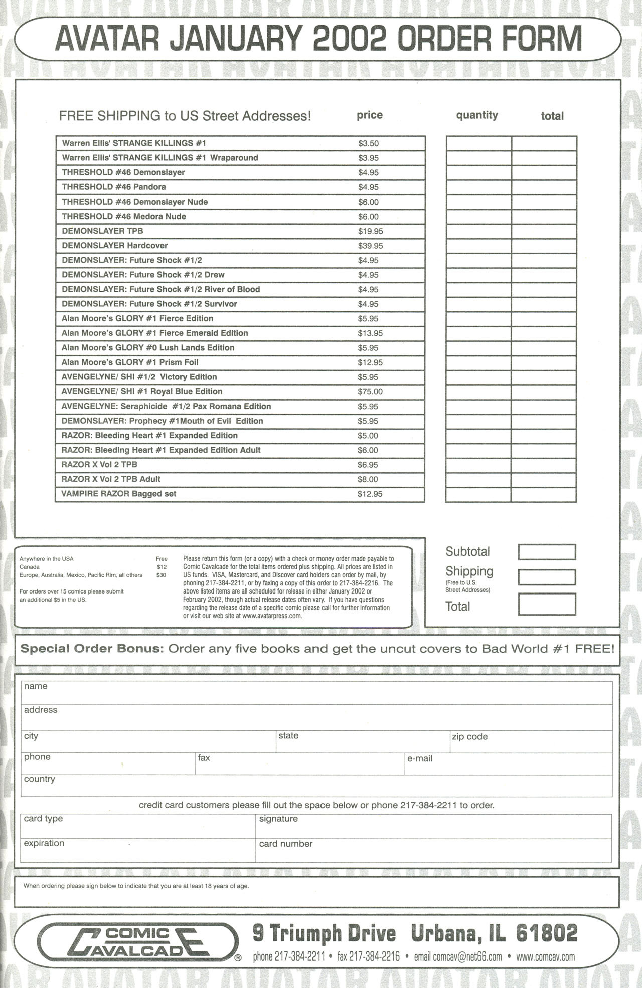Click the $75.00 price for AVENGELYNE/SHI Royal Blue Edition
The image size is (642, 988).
[x=370, y=392]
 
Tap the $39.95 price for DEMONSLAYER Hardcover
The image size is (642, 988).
[x=370, y=246]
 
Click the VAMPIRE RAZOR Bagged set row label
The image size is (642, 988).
[x=119, y=494]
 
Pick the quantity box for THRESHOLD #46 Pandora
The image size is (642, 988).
[x=478, y=187]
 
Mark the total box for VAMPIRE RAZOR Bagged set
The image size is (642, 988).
[x=544, y=494]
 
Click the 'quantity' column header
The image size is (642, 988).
[x=476, y=115]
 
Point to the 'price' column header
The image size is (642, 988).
[x=370, y=115]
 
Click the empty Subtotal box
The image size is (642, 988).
[x=546, y=552]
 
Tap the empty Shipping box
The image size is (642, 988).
[x=546, y=577]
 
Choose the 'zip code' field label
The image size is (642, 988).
[x=469, y=737]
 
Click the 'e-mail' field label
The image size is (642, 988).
[x=420, y=759]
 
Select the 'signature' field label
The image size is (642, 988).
[x=278, y=819]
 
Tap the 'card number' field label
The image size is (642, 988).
[x=286, y=844]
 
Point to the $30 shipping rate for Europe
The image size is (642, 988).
[x=161, y=575]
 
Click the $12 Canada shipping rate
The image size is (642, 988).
[x=162, y=567]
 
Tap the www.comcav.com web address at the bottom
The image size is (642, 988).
[x=545, y=956]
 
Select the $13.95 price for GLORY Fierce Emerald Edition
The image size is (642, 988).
[x=370, y=333]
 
